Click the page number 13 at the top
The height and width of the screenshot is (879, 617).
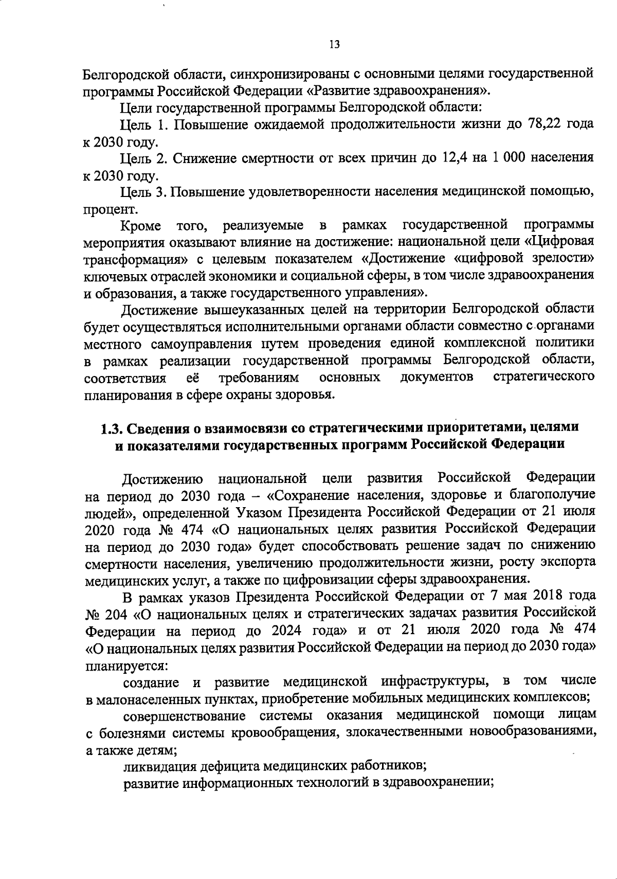click(x=334, y=44)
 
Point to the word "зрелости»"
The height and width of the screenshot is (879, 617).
click(x=564, y=259)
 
